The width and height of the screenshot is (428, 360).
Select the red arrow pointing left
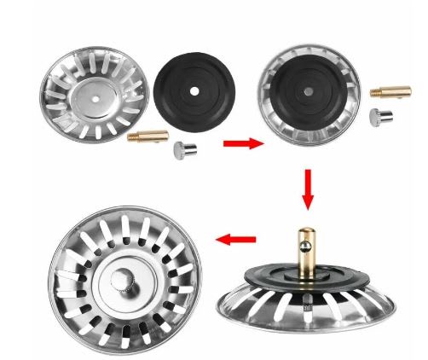coord(236,241)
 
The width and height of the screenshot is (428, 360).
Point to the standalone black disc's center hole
coord(196,88)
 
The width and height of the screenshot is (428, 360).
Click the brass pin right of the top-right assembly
coord(385,89)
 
